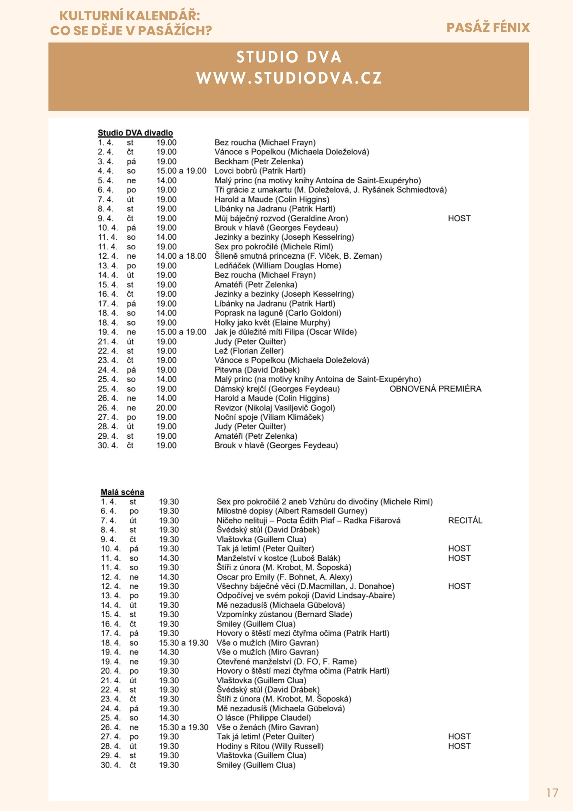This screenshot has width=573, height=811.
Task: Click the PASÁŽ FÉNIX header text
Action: point(488,28)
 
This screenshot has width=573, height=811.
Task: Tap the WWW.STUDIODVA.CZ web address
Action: point(289,78)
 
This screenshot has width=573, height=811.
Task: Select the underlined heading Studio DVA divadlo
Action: point(135,133)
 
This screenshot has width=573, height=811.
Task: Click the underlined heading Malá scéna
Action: point(122,492)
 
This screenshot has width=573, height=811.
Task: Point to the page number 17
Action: point(552,793)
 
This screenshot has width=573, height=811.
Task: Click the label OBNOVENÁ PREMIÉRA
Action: point(435,389)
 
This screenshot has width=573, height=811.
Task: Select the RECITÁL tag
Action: point(465,520)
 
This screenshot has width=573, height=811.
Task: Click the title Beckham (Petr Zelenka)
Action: point(259,161)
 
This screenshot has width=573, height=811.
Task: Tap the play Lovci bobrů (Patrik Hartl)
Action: point(260,171)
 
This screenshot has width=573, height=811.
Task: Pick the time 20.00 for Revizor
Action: point(167,408)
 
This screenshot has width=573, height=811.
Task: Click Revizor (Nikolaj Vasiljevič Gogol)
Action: point(275,408)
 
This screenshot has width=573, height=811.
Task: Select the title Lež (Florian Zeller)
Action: point(249,351)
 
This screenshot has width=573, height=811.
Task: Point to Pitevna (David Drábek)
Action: point(257,370)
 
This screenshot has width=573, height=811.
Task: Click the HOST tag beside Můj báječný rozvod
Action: point(459,218)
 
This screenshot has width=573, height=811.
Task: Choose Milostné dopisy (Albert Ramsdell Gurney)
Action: point(292,511)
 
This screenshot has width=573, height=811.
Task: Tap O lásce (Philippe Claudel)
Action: point(264,718)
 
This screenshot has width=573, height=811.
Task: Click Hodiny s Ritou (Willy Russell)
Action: point(270,746)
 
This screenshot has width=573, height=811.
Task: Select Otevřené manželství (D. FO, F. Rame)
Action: point(286,661)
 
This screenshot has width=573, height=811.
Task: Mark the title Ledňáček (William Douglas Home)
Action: point(278,266)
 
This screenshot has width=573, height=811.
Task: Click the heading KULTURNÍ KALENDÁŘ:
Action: point(130,16)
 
